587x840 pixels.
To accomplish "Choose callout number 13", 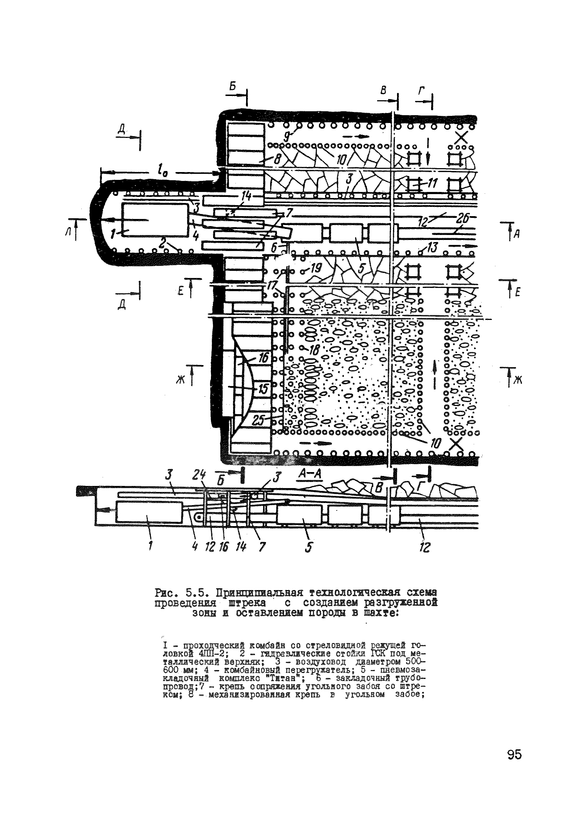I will (x=433, y=249).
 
